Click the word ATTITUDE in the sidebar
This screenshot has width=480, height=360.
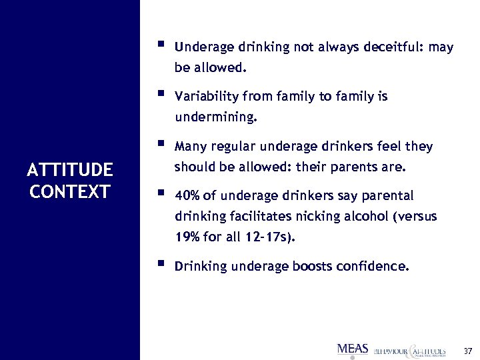(70, 170)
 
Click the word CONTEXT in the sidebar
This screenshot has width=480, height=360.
(70, 192)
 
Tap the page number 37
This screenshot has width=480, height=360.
(467, 351)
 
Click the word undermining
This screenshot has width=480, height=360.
(215, 117)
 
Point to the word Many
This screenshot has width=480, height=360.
(189, 147)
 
